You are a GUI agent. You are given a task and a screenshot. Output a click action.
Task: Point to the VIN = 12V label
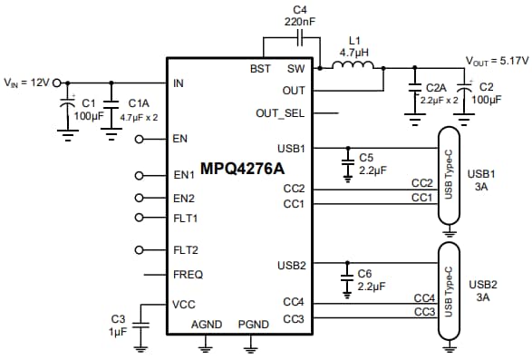(27, 83)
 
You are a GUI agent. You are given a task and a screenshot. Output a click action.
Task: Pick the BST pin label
(260, 69)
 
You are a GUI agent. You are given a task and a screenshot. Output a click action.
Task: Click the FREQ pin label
(188, 274)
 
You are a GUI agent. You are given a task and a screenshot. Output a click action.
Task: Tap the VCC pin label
(184, 305)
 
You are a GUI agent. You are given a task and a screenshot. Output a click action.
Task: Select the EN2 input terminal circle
(139, 198)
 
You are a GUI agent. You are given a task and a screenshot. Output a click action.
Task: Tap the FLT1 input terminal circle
(139, 218)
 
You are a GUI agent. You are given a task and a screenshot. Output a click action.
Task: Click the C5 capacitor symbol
(346, 161)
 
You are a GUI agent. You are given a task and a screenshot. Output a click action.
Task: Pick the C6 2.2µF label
(372, 278)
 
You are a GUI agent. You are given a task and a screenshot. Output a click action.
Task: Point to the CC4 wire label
(423, 297)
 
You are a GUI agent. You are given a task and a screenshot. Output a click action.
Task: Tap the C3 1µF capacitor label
(118, 326)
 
